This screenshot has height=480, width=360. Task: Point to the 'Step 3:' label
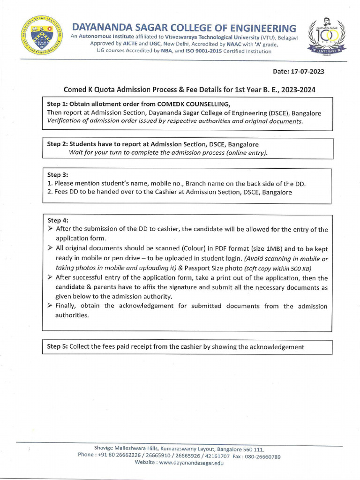[58, 174]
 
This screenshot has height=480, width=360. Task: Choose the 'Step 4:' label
[58, 220]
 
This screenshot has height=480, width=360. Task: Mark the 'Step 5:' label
[58, 347]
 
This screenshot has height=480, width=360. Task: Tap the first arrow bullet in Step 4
[50, 229]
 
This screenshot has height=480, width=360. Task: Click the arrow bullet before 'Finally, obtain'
[50, 306]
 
